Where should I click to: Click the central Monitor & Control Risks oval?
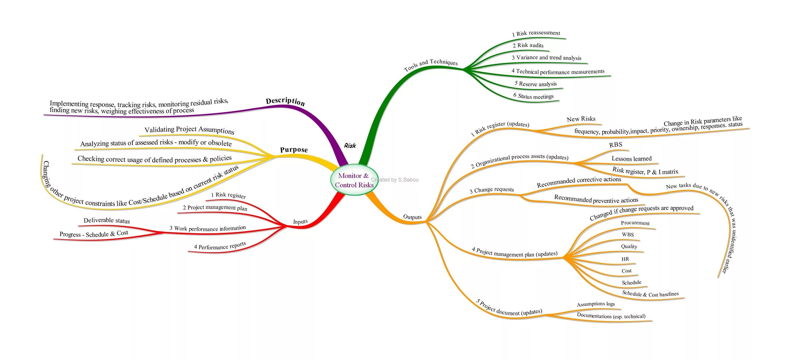[x=354, y=180]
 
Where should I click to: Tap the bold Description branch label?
[x=285, y=101]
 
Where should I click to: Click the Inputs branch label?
[x=300, y=222]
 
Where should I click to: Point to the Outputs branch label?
[x=412, y=217]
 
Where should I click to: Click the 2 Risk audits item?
[x=528, y=45]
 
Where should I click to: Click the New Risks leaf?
[x=581, y=119]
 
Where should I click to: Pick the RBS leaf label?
[x=616, y=144]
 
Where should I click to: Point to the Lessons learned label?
[x=631, y=159]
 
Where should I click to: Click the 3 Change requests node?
[x=492, y=190]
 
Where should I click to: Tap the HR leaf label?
[x=625, y=259]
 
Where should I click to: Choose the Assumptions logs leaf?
[x=596, y=304]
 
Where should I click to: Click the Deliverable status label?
[x=107, y=220]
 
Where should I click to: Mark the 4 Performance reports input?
[x=220, y=246]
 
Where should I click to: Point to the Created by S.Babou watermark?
[x=395, y=180]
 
